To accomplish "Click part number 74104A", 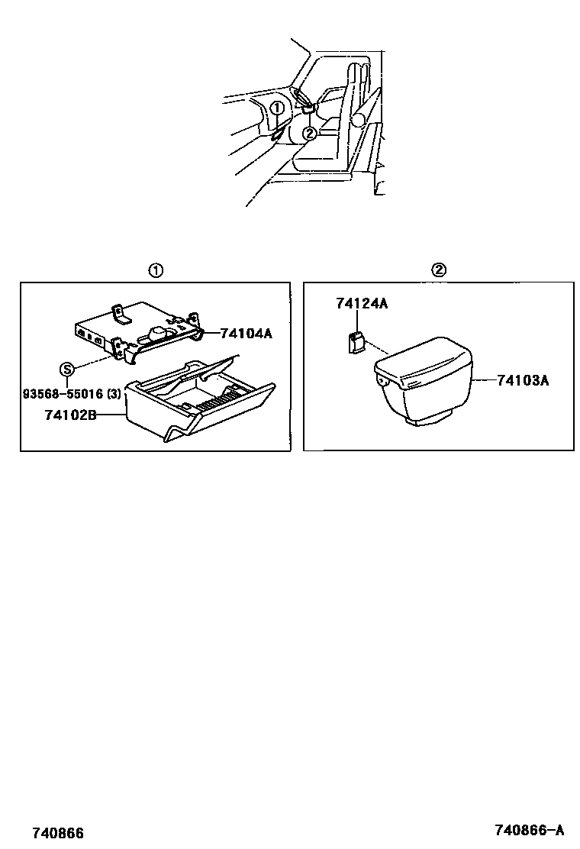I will point(246,334).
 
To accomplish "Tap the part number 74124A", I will point(361,304).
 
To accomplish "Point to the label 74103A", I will point(523,379).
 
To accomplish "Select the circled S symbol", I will point(67,370).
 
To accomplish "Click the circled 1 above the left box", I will point(155,270).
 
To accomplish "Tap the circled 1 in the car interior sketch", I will point(277,108).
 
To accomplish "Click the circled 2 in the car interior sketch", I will point(309,133).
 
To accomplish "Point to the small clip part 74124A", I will point(355,343).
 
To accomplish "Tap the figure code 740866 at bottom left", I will point(58,832).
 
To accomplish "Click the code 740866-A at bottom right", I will point(529,831).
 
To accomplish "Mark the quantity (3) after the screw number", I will point(114,394).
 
